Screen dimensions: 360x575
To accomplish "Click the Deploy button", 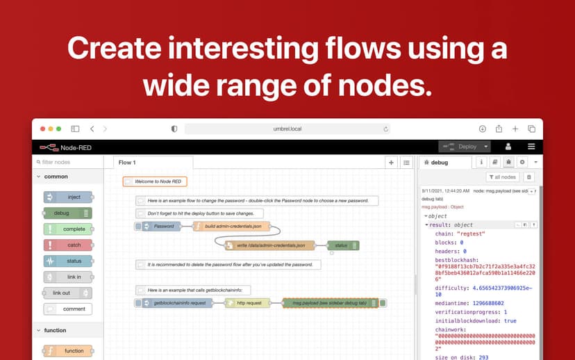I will click(x=463, y=147).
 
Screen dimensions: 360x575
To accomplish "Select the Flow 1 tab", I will click(x=127, y=163).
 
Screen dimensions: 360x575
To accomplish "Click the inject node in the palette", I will click(x=68, y=197).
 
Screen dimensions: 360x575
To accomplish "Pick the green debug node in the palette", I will click(x=68, y=213).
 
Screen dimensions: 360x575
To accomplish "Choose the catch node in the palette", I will click(x=68, y=245).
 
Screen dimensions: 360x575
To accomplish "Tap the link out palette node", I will click(x=68, y=293).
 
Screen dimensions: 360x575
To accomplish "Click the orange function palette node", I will click(x=68, y=351).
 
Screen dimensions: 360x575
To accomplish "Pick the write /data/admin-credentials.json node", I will click(x=269, y=245).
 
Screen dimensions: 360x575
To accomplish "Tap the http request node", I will click(x=248, y=303).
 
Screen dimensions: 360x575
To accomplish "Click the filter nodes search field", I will click(x=69, y=162).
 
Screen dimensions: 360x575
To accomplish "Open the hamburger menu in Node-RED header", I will click(x=531, y=147).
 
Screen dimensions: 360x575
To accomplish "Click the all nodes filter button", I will click(x=502, y=177).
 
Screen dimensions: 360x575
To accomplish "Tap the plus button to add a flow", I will click(x=392, y=163).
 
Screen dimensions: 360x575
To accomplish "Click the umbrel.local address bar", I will click(x=287, y=129).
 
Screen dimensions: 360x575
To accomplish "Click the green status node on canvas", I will click(x=343, y=245).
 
